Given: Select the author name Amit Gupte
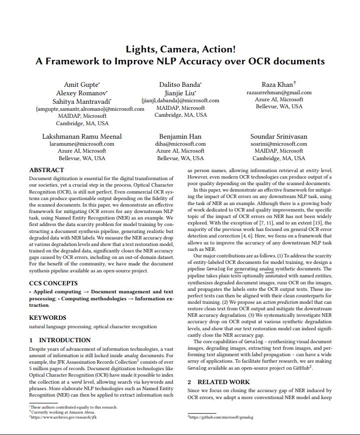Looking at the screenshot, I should [81, 84].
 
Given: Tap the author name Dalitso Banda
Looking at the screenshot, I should [180, 84].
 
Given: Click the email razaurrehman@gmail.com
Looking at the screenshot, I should [279, 92].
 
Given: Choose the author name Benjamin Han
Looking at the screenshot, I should [180, 136].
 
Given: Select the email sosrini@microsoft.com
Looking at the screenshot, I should [279, 144].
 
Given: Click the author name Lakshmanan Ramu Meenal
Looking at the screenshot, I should [82, 136].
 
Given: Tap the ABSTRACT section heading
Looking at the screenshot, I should [46, 170].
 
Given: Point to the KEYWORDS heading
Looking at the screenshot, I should [47, 317].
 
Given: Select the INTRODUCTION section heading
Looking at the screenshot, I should [60, 340].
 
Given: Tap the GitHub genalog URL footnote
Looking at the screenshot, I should [221, 417].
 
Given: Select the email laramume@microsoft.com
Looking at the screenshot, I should [82, 144].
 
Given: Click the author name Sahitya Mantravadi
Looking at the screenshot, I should [81, 100].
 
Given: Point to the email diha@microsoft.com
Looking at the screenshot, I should [180, 144].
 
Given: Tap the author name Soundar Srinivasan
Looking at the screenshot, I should [279, 136].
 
